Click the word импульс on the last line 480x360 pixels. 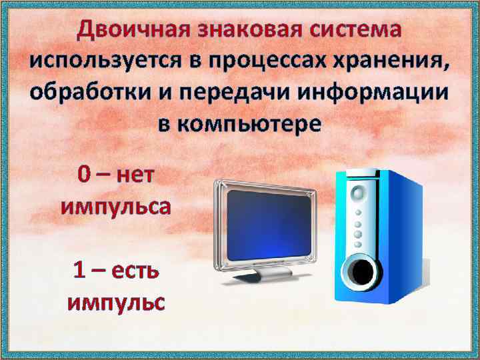click(115, 302)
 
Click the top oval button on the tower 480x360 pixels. click(358, 194)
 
